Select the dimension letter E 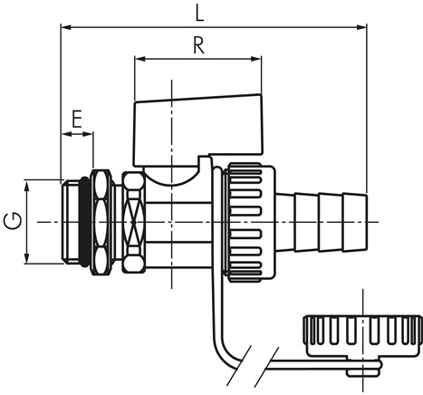[77, 119]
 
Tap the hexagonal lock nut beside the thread [100, 222]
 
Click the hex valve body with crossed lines [133, 222]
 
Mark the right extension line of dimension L [368, 109]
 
